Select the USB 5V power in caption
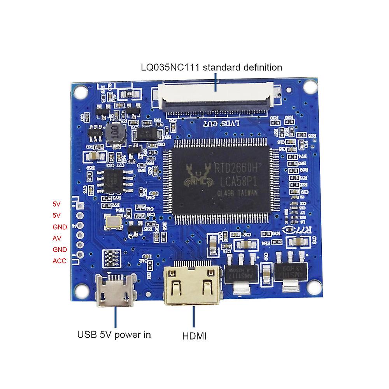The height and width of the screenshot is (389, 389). [x=114, y=334]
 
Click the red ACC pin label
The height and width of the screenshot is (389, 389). [x=59, y=261]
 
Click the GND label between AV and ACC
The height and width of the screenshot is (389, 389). [x=59, y=249]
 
